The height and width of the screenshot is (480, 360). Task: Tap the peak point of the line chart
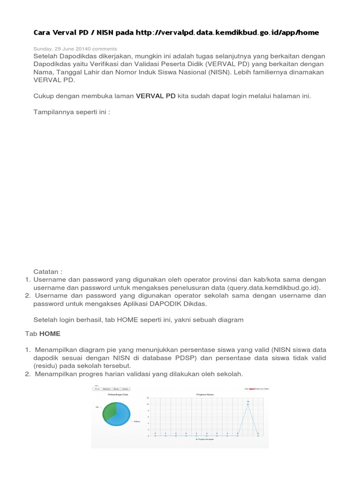click(248, 404)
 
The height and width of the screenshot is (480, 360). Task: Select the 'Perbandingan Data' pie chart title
click(118, 395)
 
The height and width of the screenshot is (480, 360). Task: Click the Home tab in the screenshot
click(97, 389)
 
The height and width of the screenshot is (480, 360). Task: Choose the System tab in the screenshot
click(126, 389)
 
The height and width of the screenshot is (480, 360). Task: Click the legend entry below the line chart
click(205, 439)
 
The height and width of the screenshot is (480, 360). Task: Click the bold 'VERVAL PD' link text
click(156, 96)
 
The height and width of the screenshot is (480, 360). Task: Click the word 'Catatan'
click(47, 271)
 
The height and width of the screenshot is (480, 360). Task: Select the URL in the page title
click(227, 32)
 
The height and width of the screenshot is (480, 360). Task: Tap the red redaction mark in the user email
click(251, 389)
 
